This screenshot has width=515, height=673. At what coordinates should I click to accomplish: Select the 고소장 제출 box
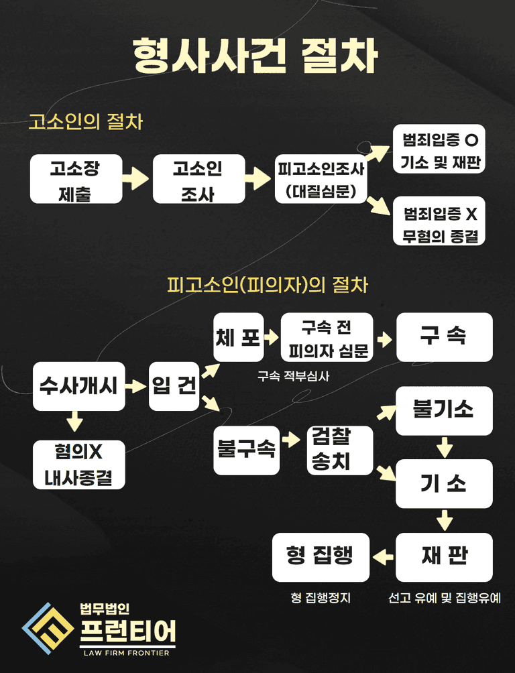[76, 179]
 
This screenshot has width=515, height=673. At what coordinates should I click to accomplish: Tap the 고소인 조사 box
[198, 179]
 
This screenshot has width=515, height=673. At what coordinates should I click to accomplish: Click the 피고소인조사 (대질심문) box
[321, 180]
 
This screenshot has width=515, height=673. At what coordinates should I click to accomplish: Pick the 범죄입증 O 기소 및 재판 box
[440, 149]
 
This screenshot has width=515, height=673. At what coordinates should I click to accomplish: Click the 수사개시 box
[79, 386]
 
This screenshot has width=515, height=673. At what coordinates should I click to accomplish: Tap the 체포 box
[238, 337]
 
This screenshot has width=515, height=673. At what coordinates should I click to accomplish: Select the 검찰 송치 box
[340, 450]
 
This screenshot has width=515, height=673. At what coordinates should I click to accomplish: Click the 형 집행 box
[321, 556]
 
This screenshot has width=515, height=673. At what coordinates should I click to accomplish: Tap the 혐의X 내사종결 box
[78, 465]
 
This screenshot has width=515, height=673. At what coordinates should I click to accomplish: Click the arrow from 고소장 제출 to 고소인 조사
[137, 179]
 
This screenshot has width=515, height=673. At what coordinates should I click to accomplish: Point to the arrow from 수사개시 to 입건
[137, 387]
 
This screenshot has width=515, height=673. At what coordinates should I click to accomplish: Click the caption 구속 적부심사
[293, 376]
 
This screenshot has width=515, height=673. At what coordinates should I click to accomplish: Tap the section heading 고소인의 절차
[85, 122]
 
